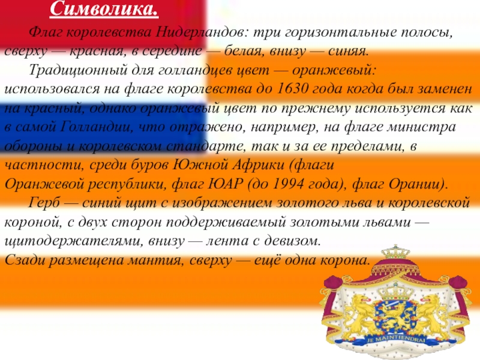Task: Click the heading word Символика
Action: click(x=104, y=9)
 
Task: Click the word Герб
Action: click(x=44, y=203)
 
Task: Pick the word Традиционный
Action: click(x=78, y=70)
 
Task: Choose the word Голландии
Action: click(x=97, y=127)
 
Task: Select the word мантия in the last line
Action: click(x=155, y=260)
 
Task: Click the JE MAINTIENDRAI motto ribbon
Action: click(x=396, y=340)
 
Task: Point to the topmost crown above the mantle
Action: click(x=395, y=253)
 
